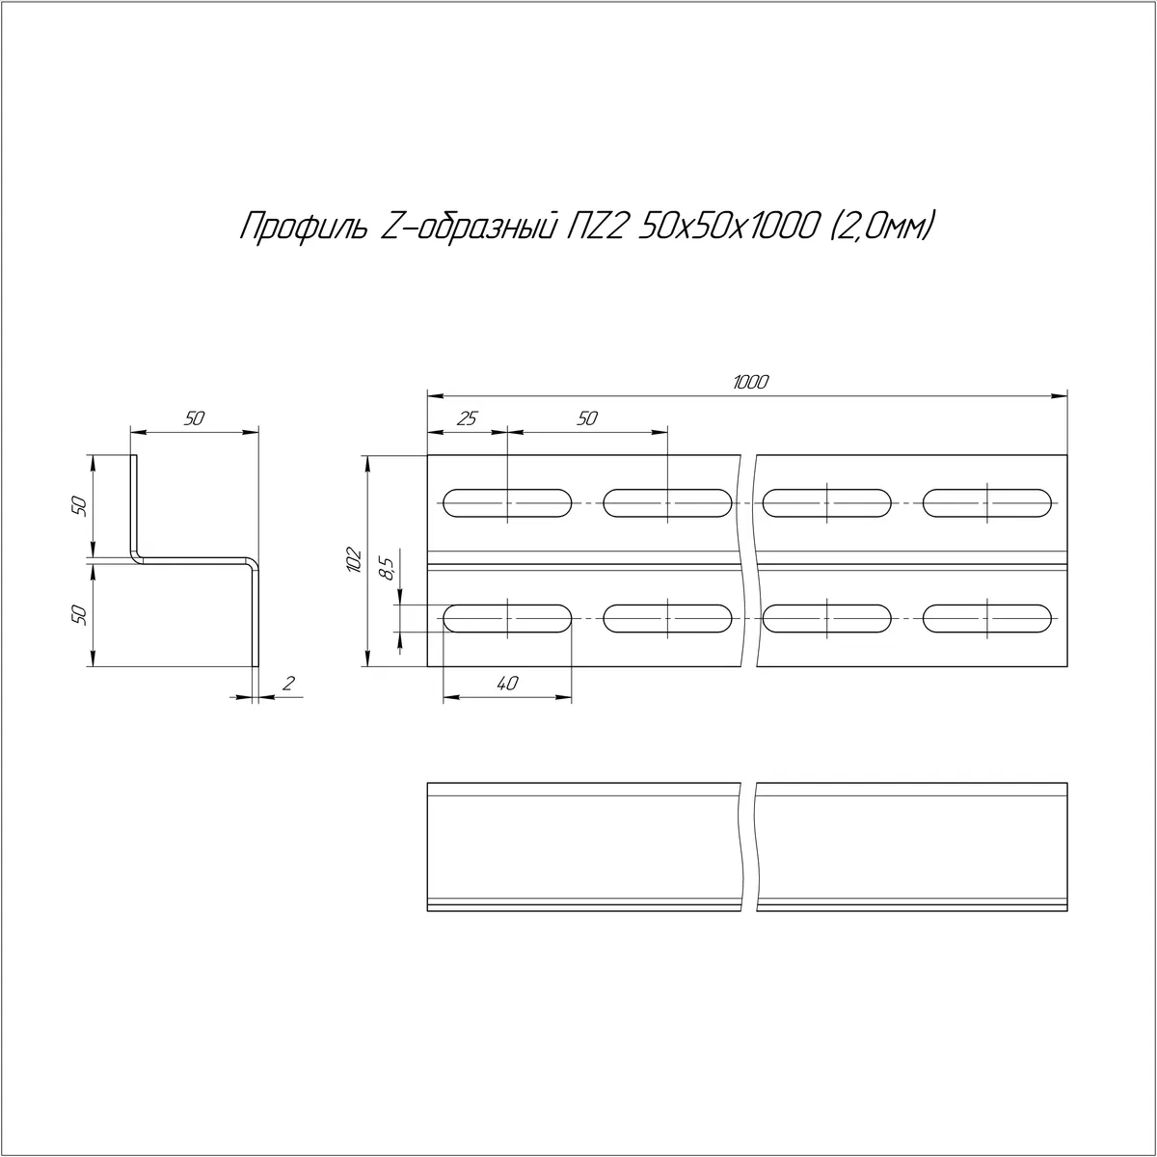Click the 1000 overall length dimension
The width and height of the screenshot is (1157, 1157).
(x=750, y=382)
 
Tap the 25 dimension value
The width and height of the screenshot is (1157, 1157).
(x=467, y=418)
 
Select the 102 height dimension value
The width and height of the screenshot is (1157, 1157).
(x=354, y=560)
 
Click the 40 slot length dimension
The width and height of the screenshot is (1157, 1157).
(x=507, y=684)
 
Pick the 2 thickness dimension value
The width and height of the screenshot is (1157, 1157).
(x=289, y=684)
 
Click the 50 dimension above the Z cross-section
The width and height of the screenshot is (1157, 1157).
(x=195, y=418)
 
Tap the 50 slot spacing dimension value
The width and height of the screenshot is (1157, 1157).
(x=587, y=418)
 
